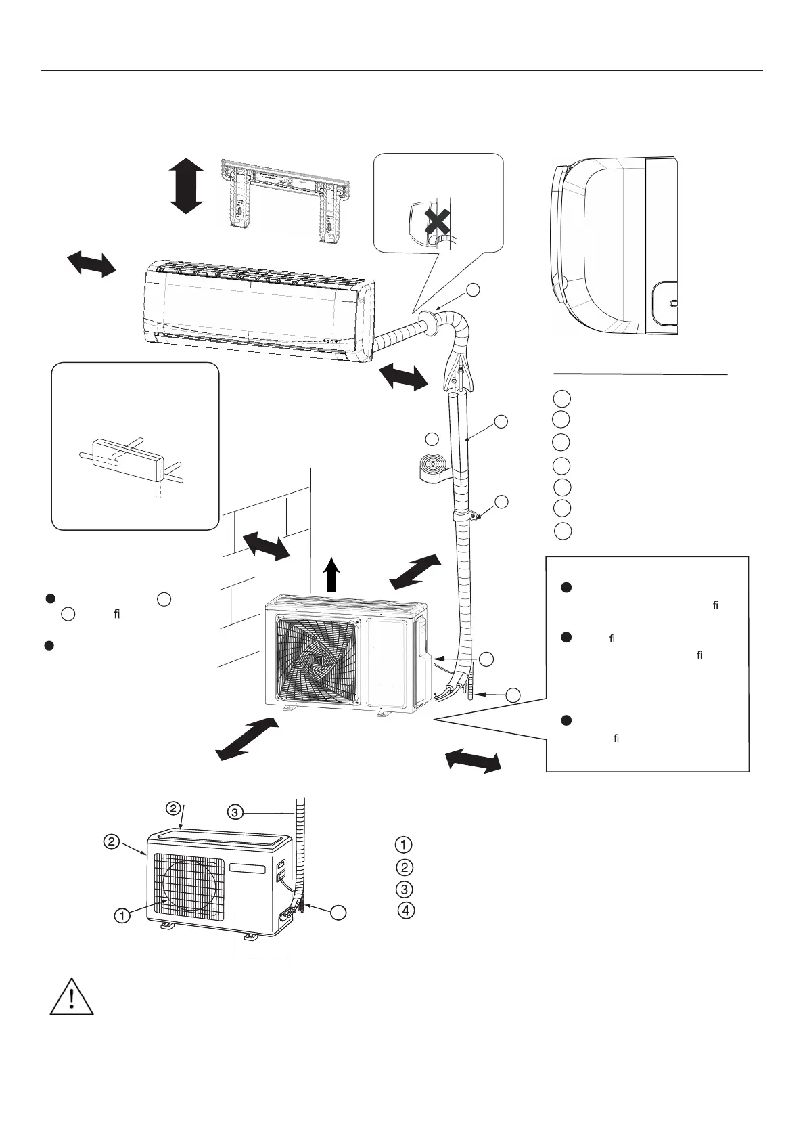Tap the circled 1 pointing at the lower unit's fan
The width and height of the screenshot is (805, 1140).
(x=122, y=916)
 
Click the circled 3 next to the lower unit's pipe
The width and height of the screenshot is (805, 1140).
(x=235, y=811)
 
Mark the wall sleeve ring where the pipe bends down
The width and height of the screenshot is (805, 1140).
(x=428, y=323)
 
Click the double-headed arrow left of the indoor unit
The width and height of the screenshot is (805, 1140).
(x=91, y=262)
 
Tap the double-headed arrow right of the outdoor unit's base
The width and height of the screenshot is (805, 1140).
(x=474, y=760)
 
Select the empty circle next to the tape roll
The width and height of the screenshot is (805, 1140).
(x=434, y=438)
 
